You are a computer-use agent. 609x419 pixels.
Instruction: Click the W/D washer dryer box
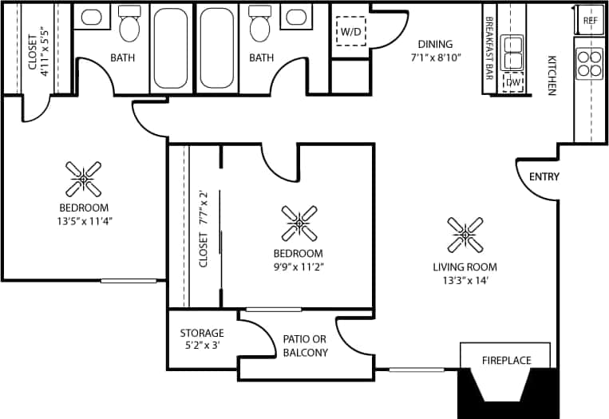tap(350, 32)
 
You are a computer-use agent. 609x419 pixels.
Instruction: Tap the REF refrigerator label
tap(590, 20)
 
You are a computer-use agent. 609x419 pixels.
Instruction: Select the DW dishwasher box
tap(512, 82)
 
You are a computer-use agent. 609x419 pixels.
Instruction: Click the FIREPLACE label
tap(506, 360)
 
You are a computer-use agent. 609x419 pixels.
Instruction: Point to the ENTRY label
tap(544, 176)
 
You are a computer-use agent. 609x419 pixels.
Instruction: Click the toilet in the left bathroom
tap(129, 26)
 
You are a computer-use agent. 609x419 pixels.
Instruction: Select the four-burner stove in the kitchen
tap(589, 63)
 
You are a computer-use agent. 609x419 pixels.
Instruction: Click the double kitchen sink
tap(512, 53)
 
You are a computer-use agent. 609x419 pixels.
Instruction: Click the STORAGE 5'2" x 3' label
tap(202, 339)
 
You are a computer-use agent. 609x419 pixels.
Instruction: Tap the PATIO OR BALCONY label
tap(305, 346)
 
